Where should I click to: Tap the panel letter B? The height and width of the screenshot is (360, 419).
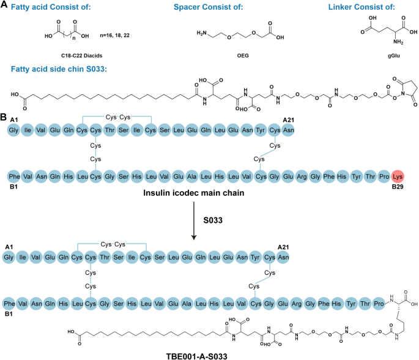(x=4, y=116)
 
